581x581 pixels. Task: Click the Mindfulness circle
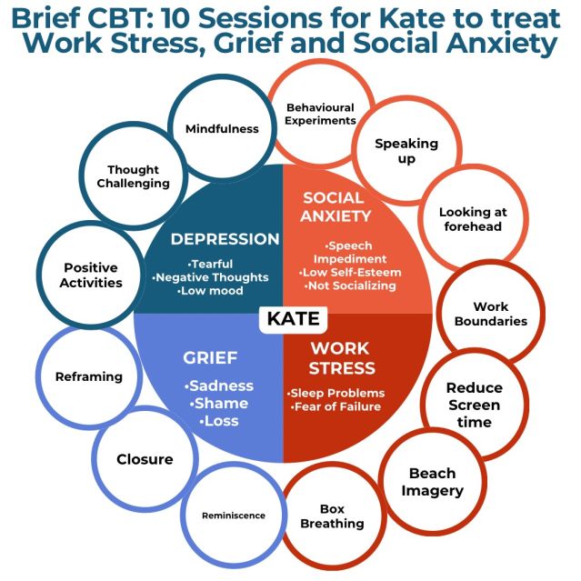pos(222,128)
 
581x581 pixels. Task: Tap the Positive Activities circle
pos(92,275)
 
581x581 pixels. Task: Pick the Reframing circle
pos(88,376)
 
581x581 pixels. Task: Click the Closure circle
pos(145,459)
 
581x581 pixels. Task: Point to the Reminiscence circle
pos(234,515)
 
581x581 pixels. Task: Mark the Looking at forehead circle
pos(472,219)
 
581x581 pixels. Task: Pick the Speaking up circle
pos(406,151)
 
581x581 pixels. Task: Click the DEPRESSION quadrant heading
pos(225,239)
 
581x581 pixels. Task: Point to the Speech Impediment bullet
pos(350,252)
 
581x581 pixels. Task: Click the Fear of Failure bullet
pos(337,406)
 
